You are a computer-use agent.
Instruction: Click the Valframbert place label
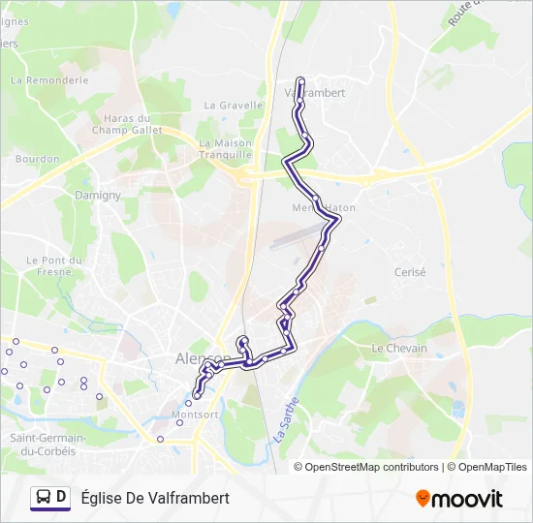pos(317,92)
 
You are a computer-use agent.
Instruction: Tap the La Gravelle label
pos(234,106)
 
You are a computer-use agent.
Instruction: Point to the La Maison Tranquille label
pos(225,148)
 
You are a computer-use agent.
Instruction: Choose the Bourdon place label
pos(38,159)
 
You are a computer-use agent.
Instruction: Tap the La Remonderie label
pos(49,81)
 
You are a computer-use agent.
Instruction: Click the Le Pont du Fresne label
pos(49,265)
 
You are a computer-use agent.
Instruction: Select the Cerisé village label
pos(410,272)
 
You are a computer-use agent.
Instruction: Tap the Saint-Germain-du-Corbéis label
pos(47,444)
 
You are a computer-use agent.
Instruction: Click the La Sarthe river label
pos(283,423)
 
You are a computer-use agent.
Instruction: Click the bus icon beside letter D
pos(43,498)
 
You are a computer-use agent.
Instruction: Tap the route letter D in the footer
pos(62,498)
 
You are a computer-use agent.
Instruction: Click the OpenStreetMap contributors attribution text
pos(371,467)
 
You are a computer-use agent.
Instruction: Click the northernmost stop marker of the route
pos(300,81)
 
